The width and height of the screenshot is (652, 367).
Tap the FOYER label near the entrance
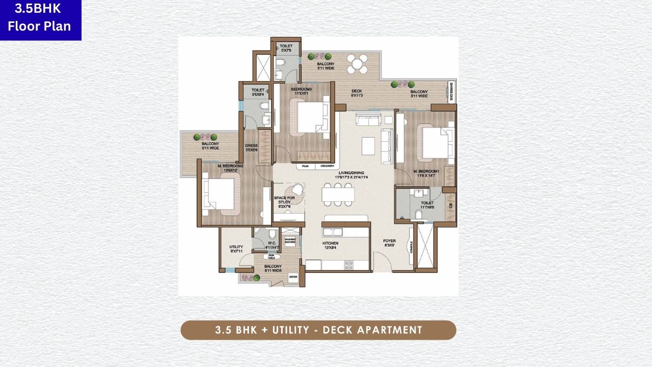pyautogui.click(x=390, y=243)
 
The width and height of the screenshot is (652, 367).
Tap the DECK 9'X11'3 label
pyautogui.click(x=357, y=94)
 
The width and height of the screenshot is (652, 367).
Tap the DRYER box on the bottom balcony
pyautogui.click(x=293, y=277)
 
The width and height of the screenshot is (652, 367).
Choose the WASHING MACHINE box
pyautogui.click(x=290, y=241)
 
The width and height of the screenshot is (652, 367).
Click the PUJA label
pyautogui.click(x=306, y=167)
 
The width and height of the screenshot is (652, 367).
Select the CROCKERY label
pyautogui.click(x=328, y=167)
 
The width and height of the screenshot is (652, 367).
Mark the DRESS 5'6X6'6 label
pyautogui.click(x=252, y=148)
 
